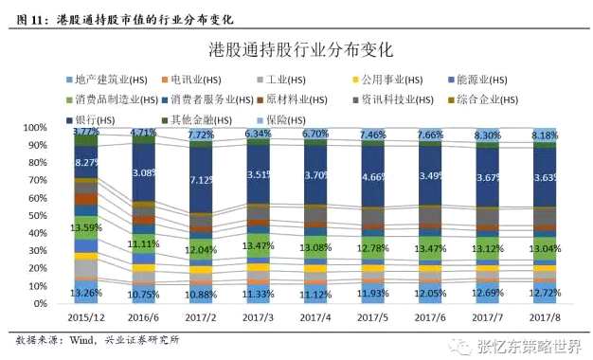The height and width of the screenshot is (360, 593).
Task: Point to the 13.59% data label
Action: point(86,227)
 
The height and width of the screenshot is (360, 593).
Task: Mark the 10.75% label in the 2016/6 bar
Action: point(143,295)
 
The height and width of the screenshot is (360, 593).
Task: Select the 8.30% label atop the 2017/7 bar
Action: point(487,135)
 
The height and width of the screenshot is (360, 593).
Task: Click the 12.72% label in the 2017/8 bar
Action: point(544,293)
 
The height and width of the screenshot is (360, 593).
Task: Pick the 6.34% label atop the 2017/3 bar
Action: point(258,135)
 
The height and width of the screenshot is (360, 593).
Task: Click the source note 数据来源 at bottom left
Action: point(38,339)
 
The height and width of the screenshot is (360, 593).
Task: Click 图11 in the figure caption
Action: point(30,16)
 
